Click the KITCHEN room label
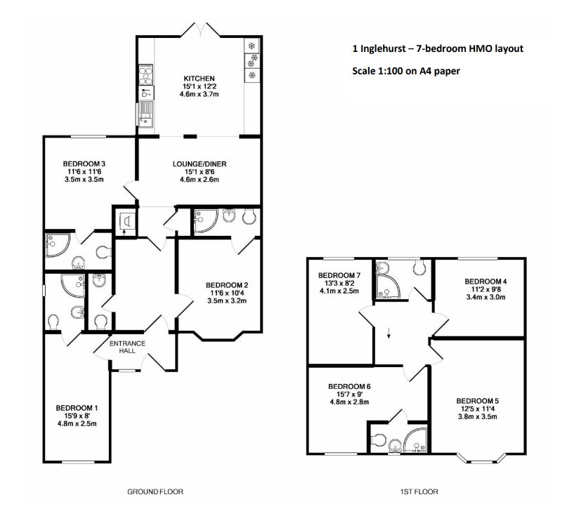(199, 79)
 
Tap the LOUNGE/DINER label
(200, 164)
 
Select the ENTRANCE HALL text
(127, 347)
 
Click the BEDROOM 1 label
(77, 408)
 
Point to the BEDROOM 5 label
(477, 401)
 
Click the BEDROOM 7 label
(339, 275)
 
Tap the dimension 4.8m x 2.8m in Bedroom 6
(349, 402)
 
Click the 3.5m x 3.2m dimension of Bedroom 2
(227, 300)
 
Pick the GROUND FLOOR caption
(155, 491)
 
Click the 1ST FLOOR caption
(419, 491)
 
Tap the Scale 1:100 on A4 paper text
(406, 71)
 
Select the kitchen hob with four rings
(145, 74)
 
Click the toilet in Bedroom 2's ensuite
(249, 216)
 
